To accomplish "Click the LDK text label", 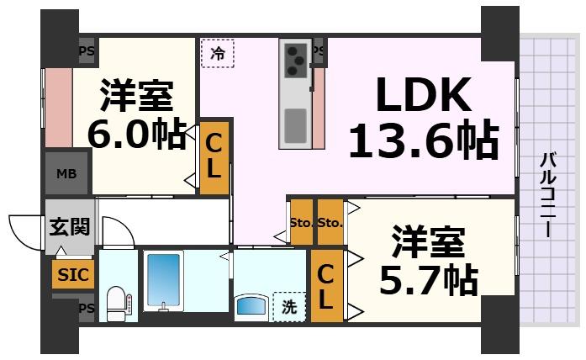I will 422,98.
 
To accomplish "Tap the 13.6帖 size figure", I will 422,141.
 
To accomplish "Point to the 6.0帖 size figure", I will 137,135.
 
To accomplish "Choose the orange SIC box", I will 72,274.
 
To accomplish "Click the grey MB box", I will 66,174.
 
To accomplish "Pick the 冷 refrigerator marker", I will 218,54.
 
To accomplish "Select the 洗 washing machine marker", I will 289,307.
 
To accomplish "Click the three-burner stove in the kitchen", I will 296,59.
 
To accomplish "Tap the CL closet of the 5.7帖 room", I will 327,285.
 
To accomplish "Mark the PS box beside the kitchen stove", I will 318,51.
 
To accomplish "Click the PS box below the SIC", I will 86,308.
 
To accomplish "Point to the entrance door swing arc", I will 24,228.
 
